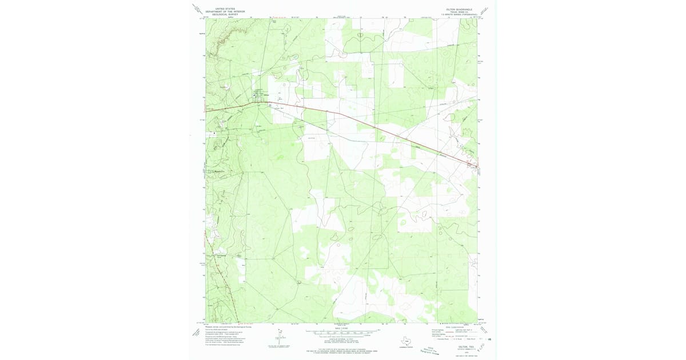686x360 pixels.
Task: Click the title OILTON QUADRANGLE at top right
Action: click(460, 9)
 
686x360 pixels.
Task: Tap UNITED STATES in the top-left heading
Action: click(224, 9)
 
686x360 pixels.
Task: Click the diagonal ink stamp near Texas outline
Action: click(436, 349)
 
